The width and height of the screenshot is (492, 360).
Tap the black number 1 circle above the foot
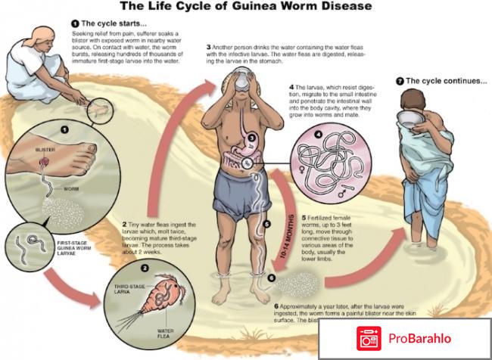(x=65, y=129)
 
